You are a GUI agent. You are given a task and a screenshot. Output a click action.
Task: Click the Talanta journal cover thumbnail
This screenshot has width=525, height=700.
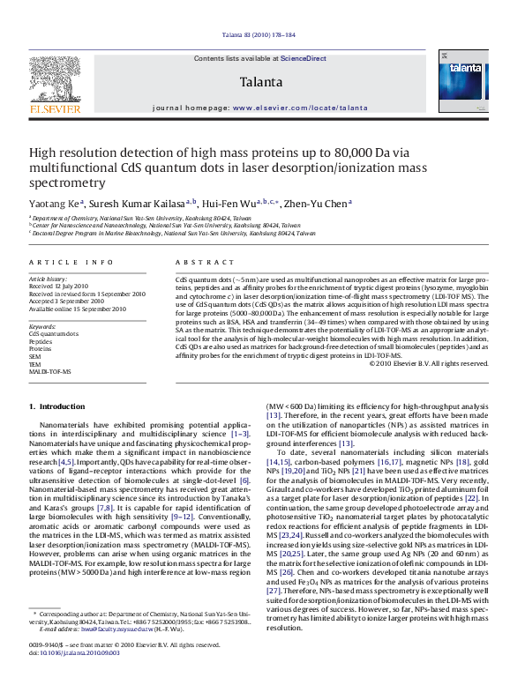[469, 84]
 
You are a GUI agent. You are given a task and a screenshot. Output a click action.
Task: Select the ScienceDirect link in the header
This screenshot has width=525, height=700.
[304, 58]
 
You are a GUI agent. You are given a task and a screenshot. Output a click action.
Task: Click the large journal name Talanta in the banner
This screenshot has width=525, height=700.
[260, 82]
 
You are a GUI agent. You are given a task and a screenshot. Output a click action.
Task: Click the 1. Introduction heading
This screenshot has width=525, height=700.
[57, 406]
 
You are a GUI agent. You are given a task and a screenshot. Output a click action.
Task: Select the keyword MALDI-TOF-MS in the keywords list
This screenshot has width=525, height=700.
[50, 371]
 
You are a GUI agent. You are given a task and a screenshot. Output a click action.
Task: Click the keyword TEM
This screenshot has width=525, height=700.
[35, 364]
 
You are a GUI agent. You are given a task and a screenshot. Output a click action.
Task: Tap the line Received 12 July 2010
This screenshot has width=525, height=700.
[59, 286]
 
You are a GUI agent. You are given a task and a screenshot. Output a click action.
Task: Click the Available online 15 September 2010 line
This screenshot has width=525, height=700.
[78, 309]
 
